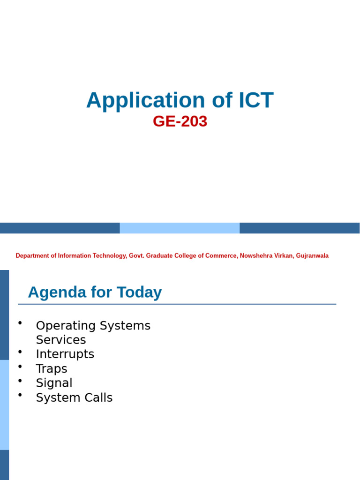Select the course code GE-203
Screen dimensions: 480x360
point(180,121)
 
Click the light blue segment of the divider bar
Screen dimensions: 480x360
point(180,228)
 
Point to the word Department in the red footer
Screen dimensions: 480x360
point(33,256)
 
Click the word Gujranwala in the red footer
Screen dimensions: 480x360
point(312,256)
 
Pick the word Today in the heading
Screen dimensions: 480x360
point(139,292)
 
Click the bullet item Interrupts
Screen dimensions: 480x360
point(65,354)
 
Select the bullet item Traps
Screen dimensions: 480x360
point(52,369)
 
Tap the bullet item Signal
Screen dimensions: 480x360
point(54,383)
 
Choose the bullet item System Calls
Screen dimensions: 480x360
point(74,398)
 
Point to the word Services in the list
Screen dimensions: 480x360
point(61,340)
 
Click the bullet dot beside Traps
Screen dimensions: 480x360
point(20,366)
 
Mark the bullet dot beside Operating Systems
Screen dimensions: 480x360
point(20,322)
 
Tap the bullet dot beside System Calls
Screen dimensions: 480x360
point(20,395)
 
